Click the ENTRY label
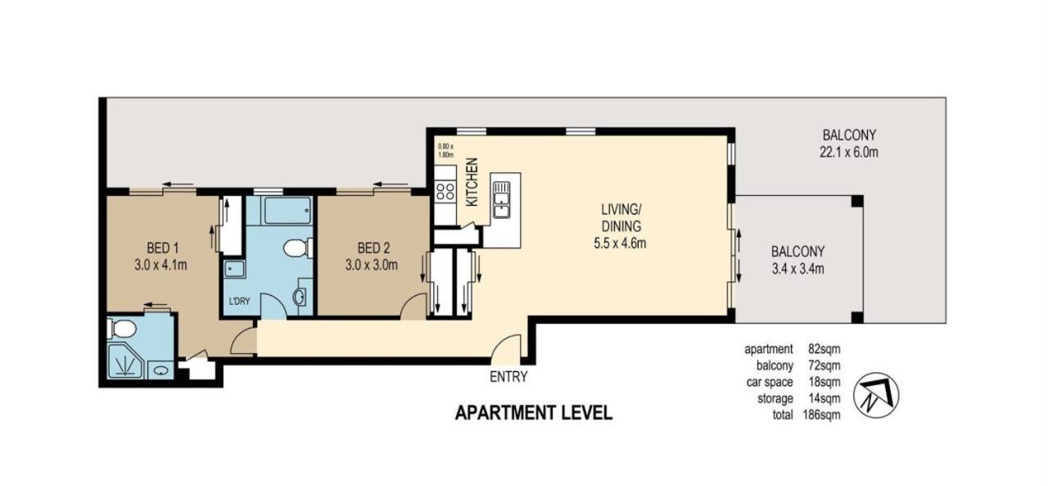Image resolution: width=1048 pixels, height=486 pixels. click(x=508, y=378)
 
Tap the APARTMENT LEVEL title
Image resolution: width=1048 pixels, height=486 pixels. click(x=533, y=412)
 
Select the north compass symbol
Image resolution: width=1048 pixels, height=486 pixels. click(x=875, y=395)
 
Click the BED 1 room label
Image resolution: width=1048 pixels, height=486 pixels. click(x=164, y=248)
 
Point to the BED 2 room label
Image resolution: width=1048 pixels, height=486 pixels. click(x=373, y=248)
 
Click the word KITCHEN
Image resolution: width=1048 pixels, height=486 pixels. click(x=472, y=182)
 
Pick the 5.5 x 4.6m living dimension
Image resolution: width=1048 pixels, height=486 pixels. click(x=619, y=243)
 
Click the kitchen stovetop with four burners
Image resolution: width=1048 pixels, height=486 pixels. click(x=445, y=192)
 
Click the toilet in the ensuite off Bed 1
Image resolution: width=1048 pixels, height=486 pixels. click(x=123, y=329)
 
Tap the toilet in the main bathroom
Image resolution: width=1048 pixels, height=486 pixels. click(x=296, y=248)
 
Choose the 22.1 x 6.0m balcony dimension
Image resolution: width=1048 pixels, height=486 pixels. click(x=850, y=152)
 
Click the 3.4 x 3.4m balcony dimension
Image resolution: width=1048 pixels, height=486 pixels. click(x=797, y=269)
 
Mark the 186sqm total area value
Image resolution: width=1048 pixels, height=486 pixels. click(x=821, y=415)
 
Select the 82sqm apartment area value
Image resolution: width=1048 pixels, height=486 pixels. click(x=824, y=349)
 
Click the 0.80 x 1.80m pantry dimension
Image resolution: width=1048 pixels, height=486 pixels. click(x=446, y=151)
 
